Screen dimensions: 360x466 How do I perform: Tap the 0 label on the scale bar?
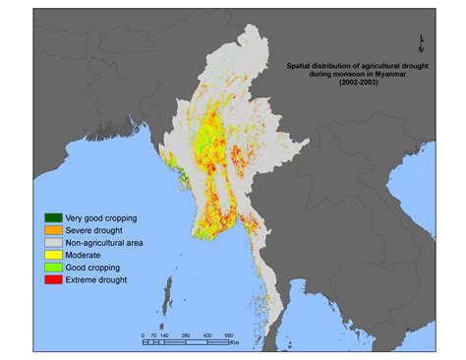click(x=143, y=335)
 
